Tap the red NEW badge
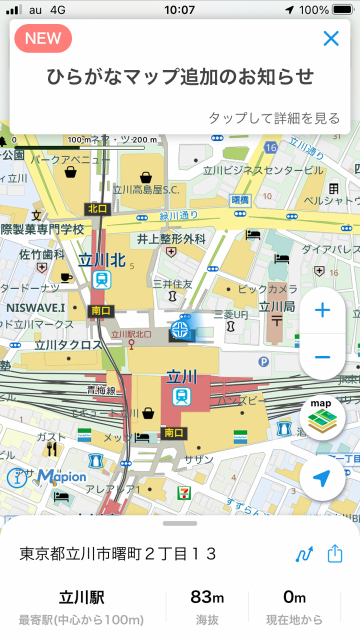[43, 38]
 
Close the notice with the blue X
[331, 38]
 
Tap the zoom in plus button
[322, 310]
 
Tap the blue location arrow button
[322, 478]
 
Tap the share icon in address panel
[335, 554]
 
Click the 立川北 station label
[101, 259]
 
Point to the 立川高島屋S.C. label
[146, 189]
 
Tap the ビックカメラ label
[267, 289]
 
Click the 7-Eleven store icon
[183, 492]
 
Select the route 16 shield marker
[271, 147]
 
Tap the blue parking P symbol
[263, 361]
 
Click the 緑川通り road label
[178, 216]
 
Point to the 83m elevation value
[207, 597]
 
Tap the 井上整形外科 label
[171, 239]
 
